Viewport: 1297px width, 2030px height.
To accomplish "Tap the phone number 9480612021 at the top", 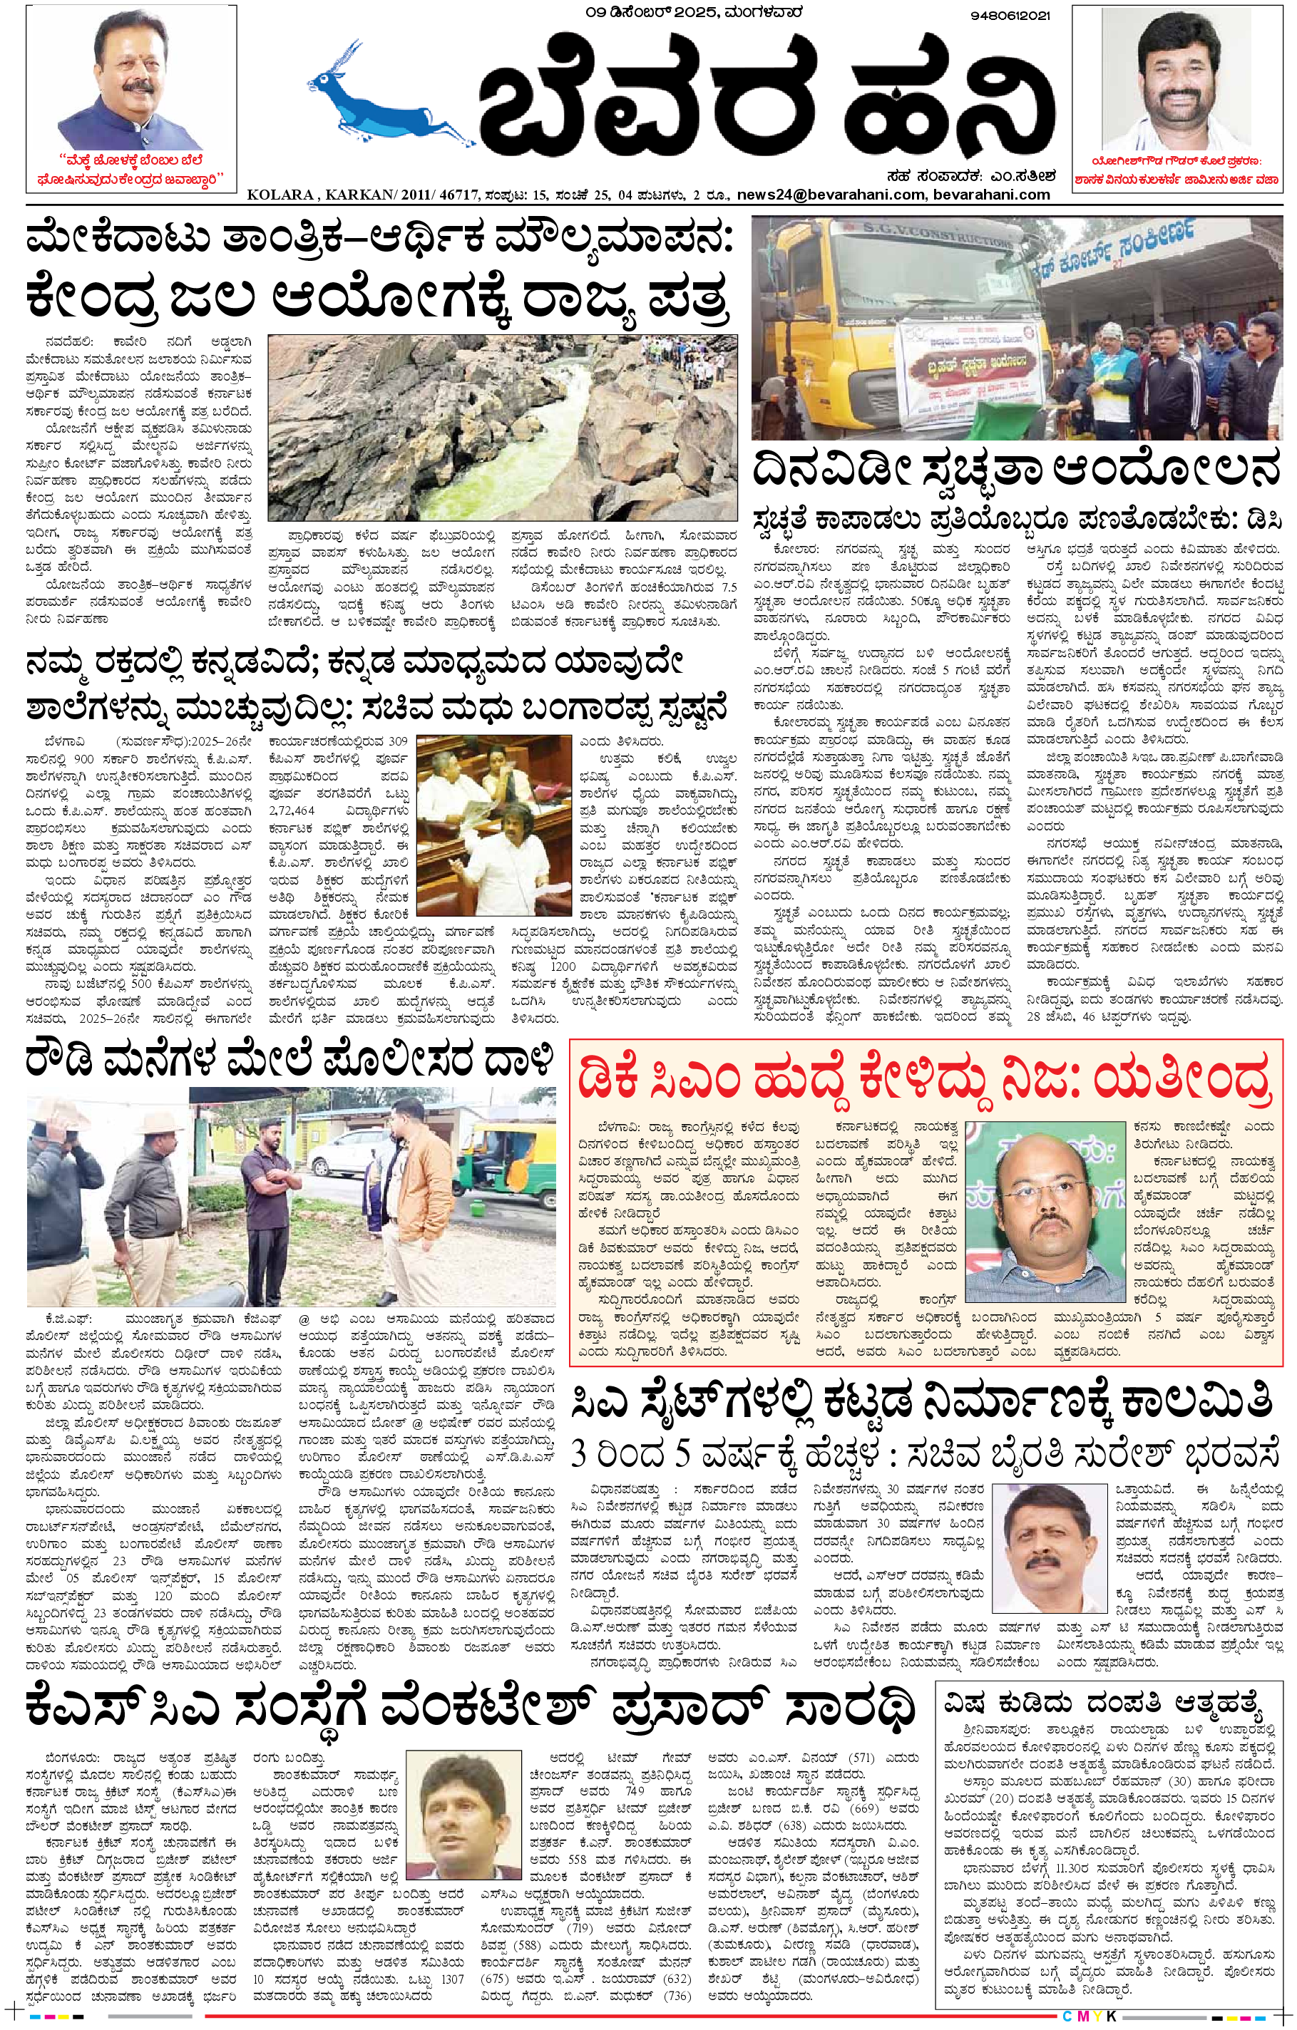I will [1010, 16].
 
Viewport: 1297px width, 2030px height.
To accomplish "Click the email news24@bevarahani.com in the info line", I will [831, 195].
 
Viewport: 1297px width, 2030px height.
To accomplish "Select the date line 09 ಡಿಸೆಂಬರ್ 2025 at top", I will [693, 13].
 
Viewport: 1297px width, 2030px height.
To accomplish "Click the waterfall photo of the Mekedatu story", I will [502, 428].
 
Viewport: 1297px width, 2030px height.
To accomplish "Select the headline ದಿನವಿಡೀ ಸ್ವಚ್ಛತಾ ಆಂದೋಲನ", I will [1016, 470].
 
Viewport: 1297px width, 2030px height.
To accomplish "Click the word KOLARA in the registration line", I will [280, 195].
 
